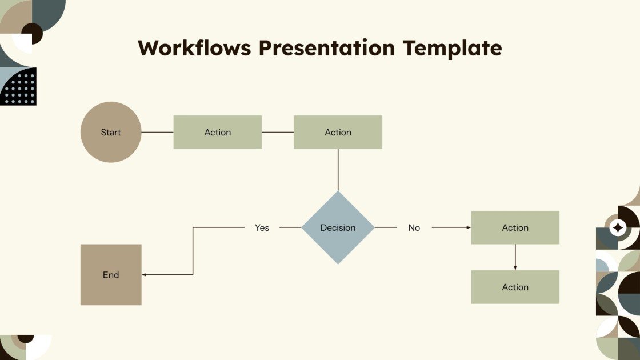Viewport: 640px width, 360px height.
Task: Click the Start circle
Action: [111, 132]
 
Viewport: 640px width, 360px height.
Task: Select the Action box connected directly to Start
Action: [218, 132]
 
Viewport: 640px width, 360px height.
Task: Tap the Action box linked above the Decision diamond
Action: [338, 132]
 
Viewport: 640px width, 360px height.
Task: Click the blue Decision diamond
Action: [338, 227]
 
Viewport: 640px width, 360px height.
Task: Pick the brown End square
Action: [111, 275]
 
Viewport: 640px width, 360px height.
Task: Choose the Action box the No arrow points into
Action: [515, 227]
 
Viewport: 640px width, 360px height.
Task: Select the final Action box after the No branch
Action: [515, 287]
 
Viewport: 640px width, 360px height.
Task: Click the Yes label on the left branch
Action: [262, 227]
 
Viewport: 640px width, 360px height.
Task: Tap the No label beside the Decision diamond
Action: [414, 227]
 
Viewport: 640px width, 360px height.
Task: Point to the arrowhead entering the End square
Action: [144, 275]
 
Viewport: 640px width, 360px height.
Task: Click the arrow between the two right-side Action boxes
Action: [515, 257]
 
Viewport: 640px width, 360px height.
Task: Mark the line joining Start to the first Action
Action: [157, 132]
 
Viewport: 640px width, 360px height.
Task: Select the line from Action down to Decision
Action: [338, 170]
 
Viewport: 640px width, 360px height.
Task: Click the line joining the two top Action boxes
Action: [278, 132]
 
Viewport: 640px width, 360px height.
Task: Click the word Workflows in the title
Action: [194, 48]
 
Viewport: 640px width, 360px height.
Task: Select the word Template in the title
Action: [452, 48]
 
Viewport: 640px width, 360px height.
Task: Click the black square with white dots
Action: [18, 86]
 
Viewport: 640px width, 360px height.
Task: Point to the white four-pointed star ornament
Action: [618, 228]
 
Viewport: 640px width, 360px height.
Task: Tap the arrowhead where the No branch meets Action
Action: [469, 227]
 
